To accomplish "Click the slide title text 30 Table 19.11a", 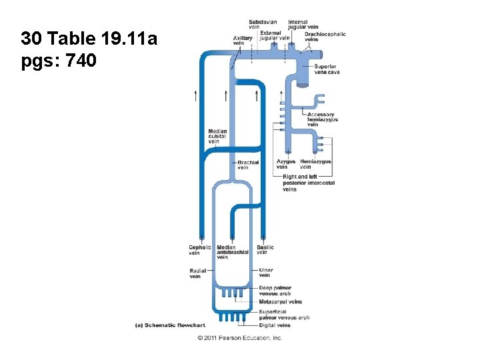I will pos(89,39).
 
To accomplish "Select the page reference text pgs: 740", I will pos(59,61).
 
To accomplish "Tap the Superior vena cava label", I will pos(326,69).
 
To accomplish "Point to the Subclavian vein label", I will pos(263,25).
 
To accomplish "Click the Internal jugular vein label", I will pos(298,25).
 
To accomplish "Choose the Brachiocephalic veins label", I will pos(325,37).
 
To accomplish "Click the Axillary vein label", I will pos(243,41).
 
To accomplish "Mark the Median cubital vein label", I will pos(217,136).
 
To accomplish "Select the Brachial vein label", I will pos(248,165).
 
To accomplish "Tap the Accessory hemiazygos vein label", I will pos(323,119).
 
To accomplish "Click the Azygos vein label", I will pos(285,164).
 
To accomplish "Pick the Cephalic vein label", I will pos(199,250).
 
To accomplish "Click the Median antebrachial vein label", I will pos(232,252).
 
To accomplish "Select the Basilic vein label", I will pos(265,250).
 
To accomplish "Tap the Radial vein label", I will pos(197,273).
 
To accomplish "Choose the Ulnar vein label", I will pos(265,273).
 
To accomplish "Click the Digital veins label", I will pos(275,325).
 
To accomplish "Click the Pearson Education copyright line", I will pos(240,338).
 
